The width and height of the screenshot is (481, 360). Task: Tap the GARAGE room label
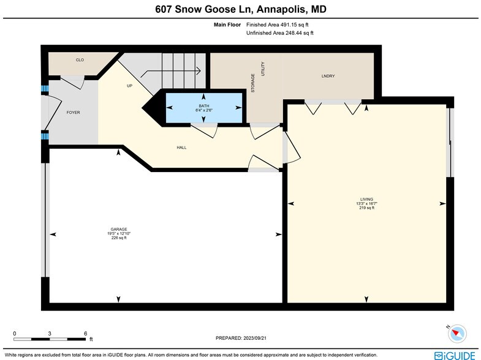click(x=119, y=229)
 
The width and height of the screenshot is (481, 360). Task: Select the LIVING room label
click(x=366, y=199)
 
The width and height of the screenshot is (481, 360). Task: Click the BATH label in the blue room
click(x=203, y=105)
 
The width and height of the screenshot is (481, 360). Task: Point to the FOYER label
click(x=73, y=112)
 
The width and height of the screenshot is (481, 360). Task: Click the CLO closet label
click(x=80, y=60)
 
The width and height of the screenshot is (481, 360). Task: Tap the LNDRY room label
click(x=328, y=76)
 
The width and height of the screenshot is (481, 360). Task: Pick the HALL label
click(x=181, y=148)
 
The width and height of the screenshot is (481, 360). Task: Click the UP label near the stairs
click(x=129, y=86)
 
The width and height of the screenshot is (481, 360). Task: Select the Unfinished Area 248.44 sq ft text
click(x=279, y=33)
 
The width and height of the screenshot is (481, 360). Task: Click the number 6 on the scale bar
click(x=85, y=334)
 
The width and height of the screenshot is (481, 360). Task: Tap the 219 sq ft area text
click(x=366, y=208)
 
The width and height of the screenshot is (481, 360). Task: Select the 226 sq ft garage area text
click(x=119, y=238)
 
